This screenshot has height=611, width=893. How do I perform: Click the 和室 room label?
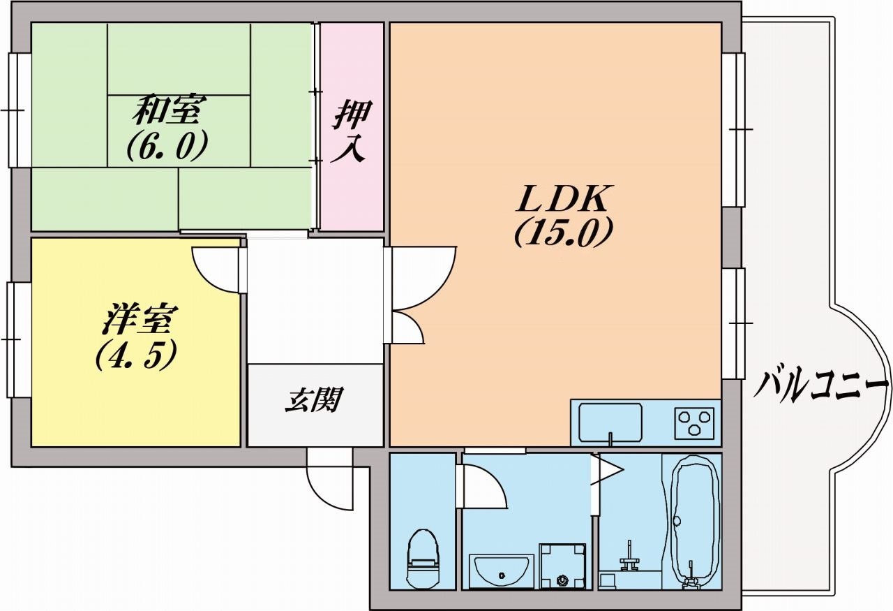click(x=169, y=110)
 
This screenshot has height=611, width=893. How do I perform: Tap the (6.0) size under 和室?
click(x=167, y=145)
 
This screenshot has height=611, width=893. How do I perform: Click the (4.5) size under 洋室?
click(x=136, y=354)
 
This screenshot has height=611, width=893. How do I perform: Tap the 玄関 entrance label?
click(x=314, y=401)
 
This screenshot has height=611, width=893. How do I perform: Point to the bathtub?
click(x=695, y=517)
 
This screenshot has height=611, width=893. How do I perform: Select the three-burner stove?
click(x=694, y=421)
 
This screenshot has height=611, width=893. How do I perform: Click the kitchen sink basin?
click(x=610, y=420)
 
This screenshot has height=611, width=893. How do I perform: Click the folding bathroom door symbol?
click(x=606, y=471)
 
